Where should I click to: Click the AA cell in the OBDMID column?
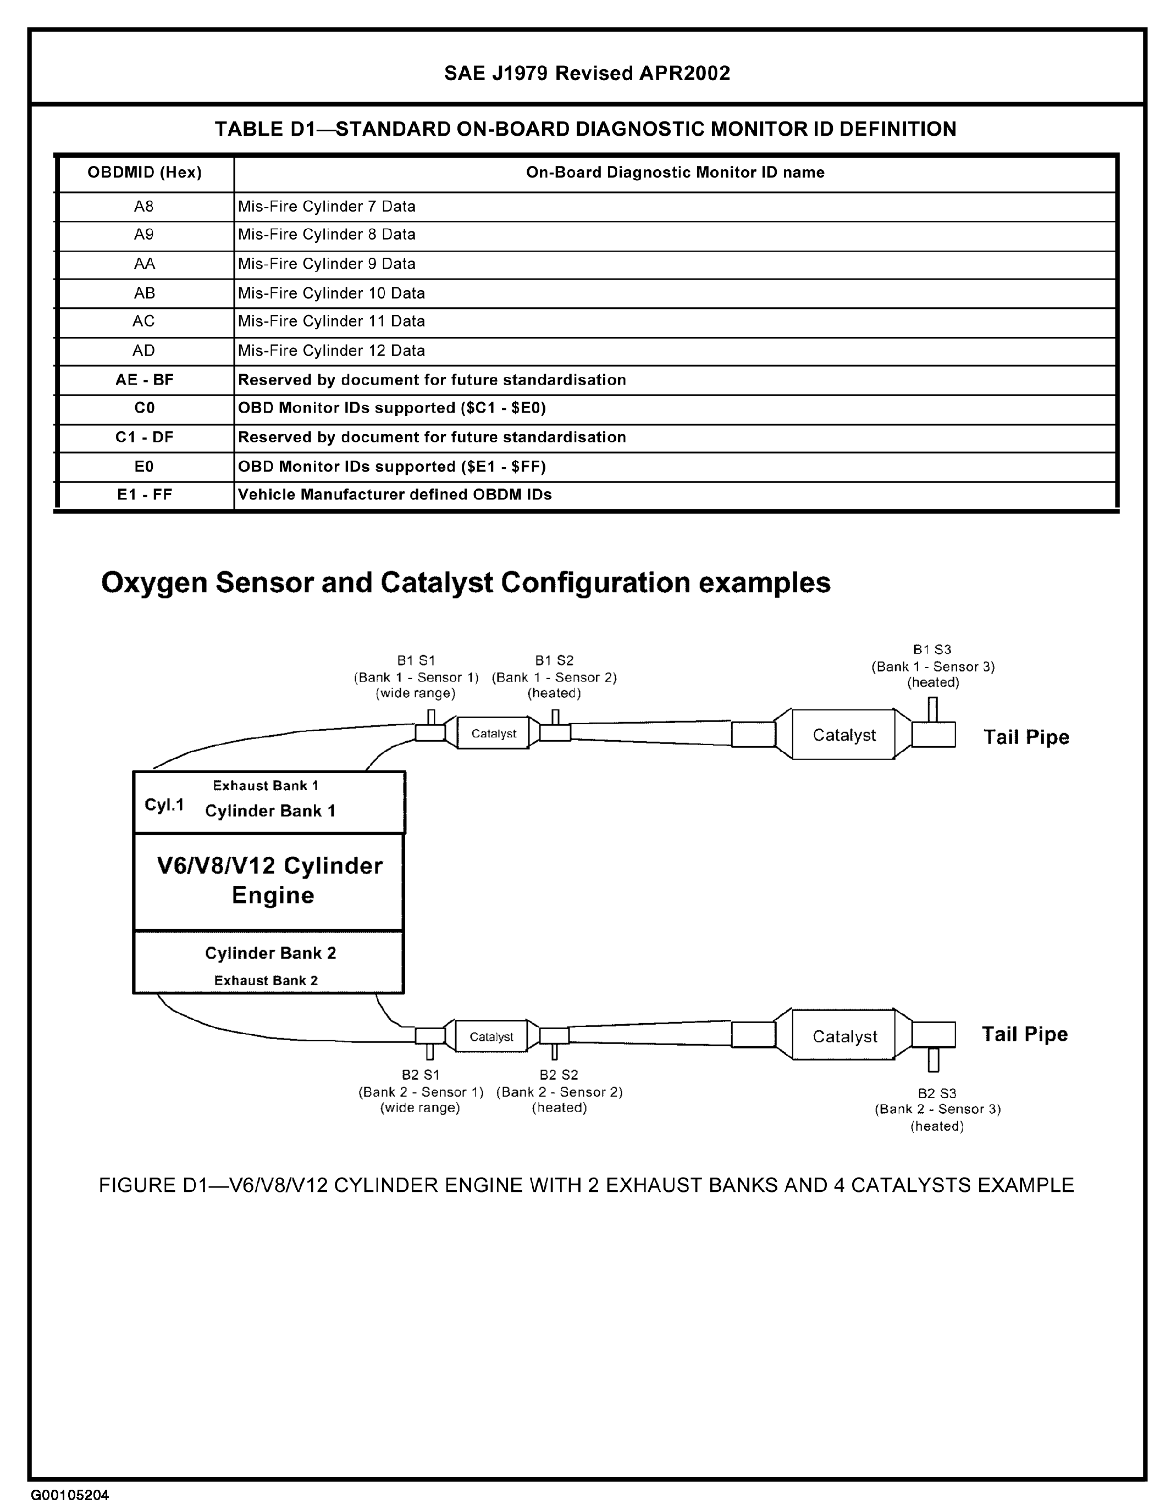point(144,264)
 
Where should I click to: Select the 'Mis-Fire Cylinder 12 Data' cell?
point(332,351)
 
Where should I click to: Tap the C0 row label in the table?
point(144,408)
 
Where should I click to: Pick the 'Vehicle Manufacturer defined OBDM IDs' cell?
point(395,495)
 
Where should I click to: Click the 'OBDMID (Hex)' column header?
point(144,172)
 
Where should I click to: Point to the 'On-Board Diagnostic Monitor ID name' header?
point(675,172)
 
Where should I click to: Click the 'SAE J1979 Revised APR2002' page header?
point(587,73)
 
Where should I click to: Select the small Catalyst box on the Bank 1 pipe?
point(493,734)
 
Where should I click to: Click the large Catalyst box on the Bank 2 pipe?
point(844,1036)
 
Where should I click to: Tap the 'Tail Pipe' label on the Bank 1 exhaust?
point(1026,737)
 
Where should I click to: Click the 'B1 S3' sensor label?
point(932,650)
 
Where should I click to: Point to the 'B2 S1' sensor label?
point(420,1074)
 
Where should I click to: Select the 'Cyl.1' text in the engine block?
point(164,804)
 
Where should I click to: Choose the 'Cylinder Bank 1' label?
point(270,811)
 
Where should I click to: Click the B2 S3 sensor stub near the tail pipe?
point(934,1059)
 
